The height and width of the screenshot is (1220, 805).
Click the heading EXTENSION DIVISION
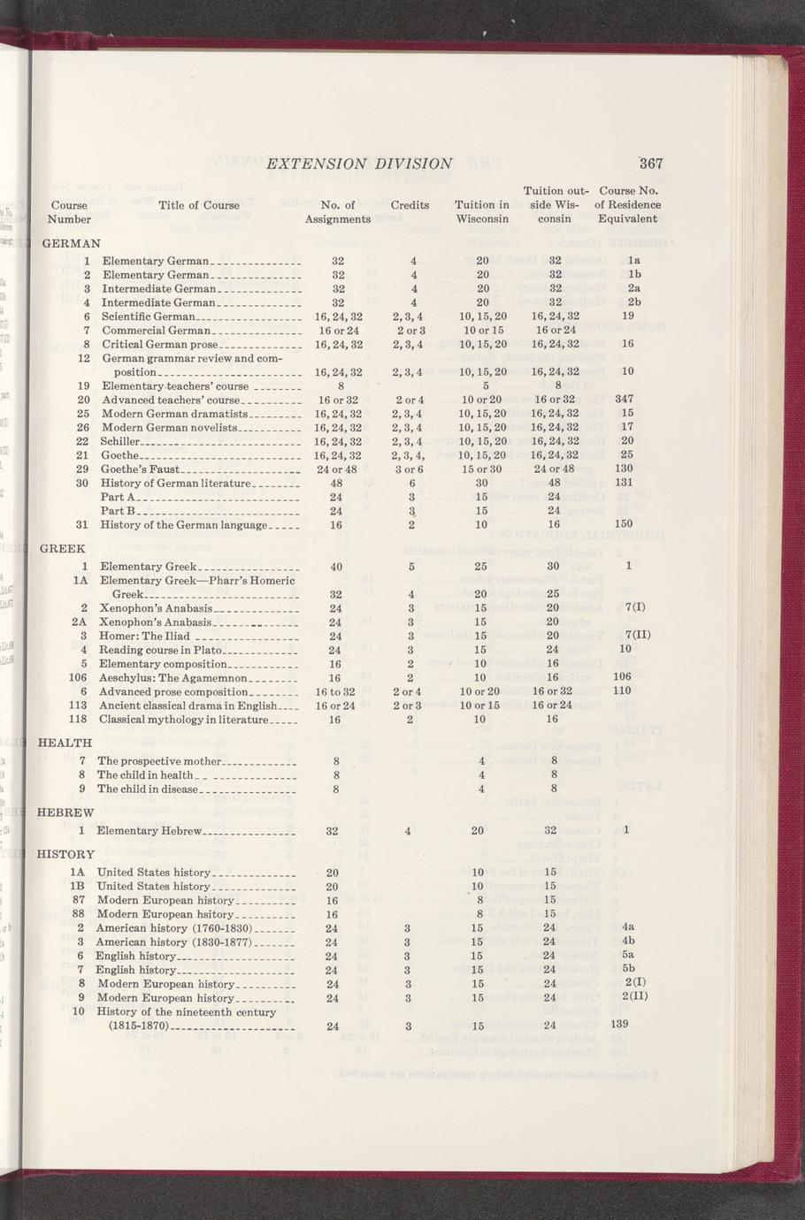point(359,164)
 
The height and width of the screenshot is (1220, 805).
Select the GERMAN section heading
point(72,242)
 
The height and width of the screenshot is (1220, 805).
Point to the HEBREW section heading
point(65,812)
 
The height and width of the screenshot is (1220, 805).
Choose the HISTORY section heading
point(65,854)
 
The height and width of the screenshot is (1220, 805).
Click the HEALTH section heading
point(65,743)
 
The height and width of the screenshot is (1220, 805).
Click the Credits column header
point(410,205)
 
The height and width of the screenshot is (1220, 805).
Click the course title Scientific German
point(148,316)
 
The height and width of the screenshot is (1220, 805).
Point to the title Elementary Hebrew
point(150,831)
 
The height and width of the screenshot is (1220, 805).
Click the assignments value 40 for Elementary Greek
point(336,567)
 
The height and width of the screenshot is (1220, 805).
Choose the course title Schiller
point(120,440)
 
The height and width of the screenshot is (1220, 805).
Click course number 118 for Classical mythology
point(77,720)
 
